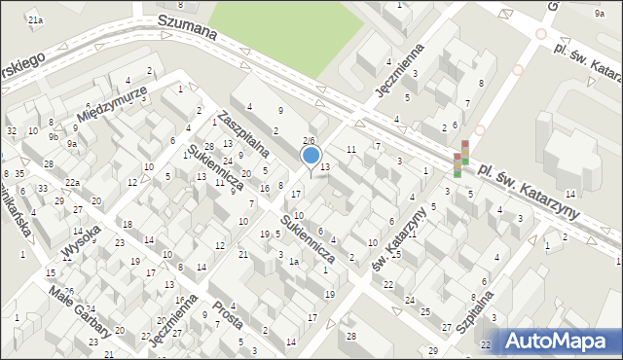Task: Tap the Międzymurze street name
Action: [116, 106]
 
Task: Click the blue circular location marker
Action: [311, 155]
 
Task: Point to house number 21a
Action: [35, 19]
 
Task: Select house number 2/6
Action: [309, 141]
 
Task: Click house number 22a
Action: [72, 183]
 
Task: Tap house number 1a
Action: [292, 262]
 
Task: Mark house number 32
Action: [11, 131]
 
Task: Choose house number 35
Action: [19, 174]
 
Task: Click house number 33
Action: [42, 188]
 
